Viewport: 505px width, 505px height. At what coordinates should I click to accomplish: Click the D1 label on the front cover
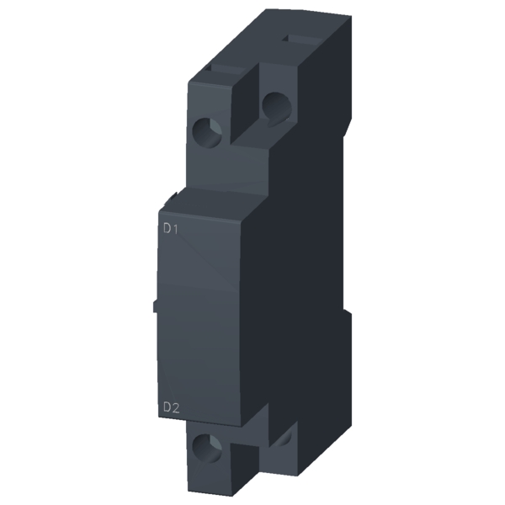[x=170, y=227]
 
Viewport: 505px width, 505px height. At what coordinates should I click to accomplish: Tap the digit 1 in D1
[x=176, y=227]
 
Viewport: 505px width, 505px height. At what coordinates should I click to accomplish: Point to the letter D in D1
[x=166, y=227]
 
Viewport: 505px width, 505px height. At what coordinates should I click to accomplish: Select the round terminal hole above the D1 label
[x=206, y=130]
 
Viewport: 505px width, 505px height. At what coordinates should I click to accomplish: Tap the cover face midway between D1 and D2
[x=202, y=320]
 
